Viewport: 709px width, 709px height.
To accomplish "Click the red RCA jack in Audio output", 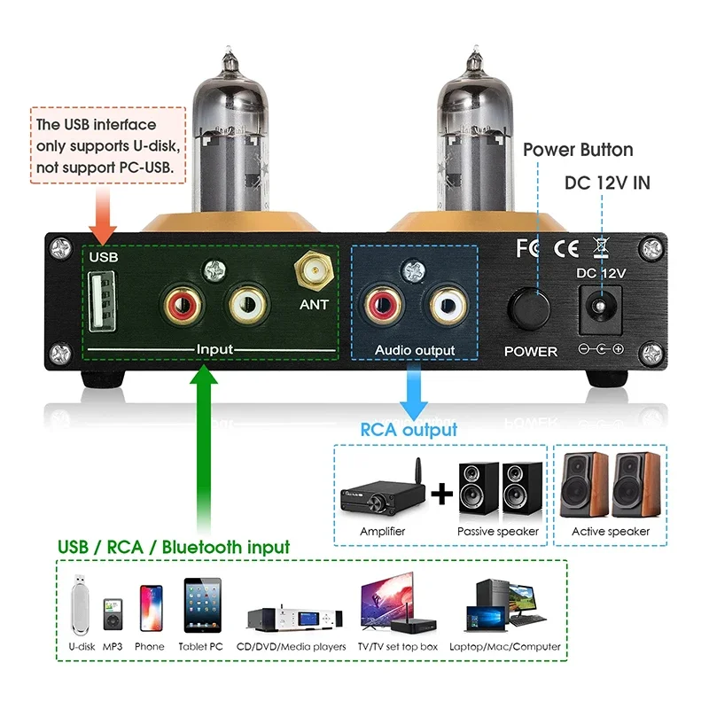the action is pyautogui.click(x=379, y=306).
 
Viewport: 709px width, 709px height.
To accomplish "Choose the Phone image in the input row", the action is pyautogui.click(x=150, y=607).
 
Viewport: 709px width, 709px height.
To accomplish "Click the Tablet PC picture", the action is pyautogui.click(x=201, y=605).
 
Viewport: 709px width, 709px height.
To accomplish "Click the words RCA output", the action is pyautogui.click(x=409, y=430).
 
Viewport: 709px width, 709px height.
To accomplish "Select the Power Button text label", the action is pyautogui.click(x=577, y=150).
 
